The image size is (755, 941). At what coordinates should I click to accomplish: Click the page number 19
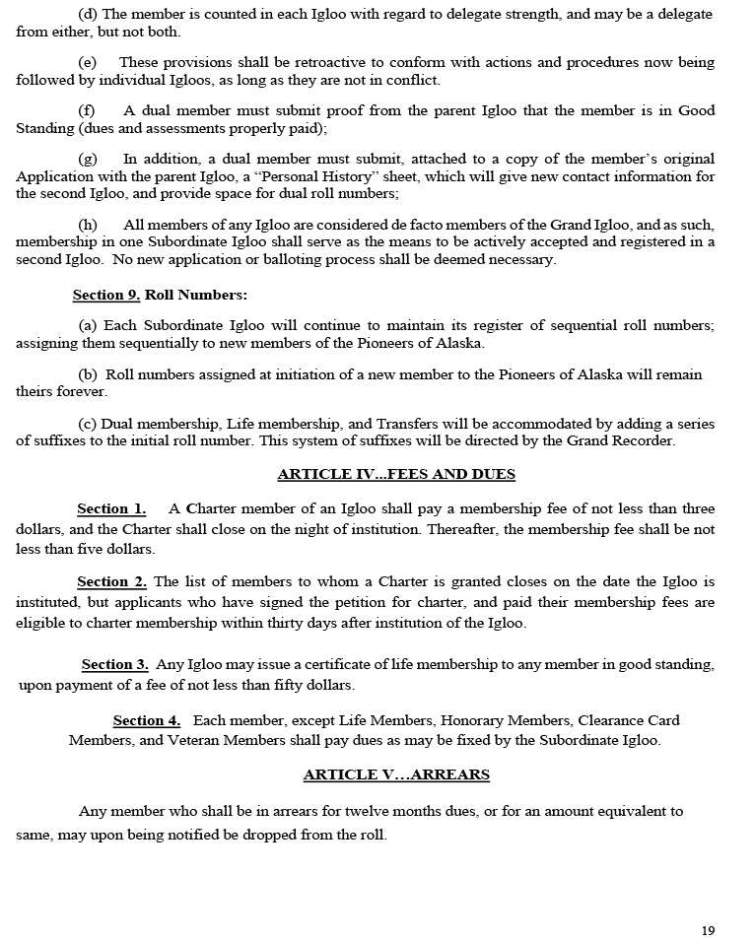tap(709, 930)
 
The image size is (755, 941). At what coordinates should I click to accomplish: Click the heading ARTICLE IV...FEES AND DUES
tap(396, 474)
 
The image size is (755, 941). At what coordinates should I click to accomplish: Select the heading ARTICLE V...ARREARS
tap(396, 774)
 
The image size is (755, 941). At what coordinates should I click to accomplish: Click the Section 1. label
tap(111, 509)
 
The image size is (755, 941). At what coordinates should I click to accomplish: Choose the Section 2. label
tap(111, 582)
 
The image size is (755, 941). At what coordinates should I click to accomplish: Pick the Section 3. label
tap(114, 665)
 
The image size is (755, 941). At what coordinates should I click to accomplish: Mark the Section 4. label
tap(147, 721)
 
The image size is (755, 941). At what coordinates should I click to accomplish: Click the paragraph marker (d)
tap(88, 15)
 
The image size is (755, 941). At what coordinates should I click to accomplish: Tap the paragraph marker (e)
tap(88, 62)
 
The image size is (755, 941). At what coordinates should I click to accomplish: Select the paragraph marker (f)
tap(87, 110)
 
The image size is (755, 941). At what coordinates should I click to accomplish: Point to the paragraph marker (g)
tap(88, 159)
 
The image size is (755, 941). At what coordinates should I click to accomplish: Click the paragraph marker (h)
tap(88, 226)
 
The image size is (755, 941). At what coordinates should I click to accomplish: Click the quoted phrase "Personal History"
tap(327, 176)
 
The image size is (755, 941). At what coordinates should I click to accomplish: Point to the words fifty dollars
tap(311, 685)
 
